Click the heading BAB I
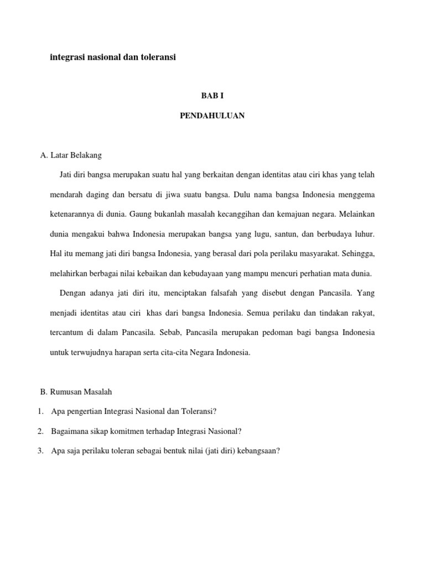212,96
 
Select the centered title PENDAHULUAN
212,116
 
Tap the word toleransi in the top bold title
156,57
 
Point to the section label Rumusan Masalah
81,391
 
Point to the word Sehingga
357,254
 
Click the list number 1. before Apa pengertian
40,411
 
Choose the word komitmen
128,431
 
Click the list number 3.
40,450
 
